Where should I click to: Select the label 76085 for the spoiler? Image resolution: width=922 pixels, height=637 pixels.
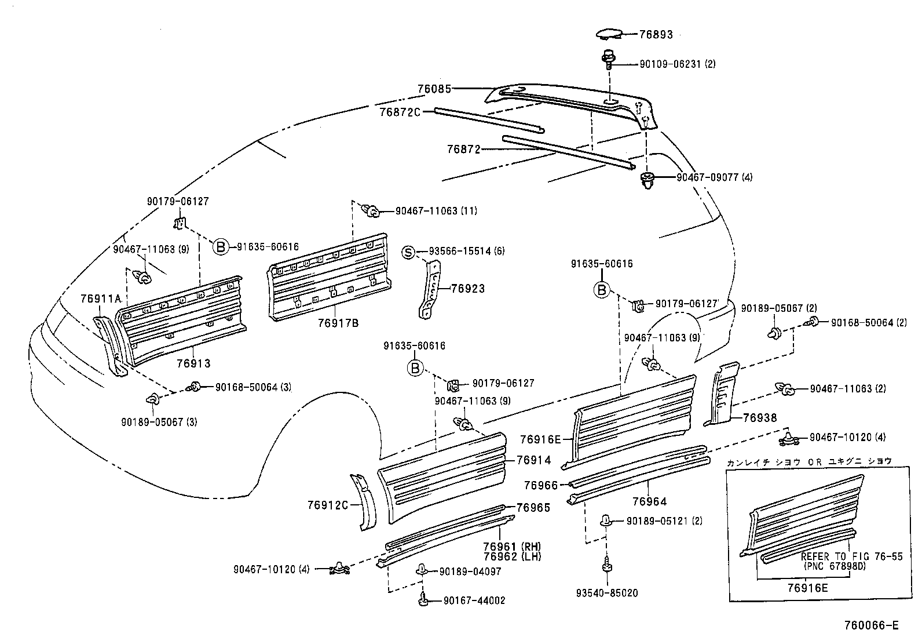point(434,89)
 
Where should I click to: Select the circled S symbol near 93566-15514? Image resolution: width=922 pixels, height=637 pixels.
point(409,252)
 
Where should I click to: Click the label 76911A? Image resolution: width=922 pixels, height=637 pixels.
point(101,299)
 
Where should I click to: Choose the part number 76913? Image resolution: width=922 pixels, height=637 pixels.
point(194,363)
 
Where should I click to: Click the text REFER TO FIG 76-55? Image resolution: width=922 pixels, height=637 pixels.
point(851,556)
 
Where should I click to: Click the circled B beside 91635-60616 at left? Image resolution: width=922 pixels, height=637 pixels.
point(221,247)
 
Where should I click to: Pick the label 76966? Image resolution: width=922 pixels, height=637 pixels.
point(541,485)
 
